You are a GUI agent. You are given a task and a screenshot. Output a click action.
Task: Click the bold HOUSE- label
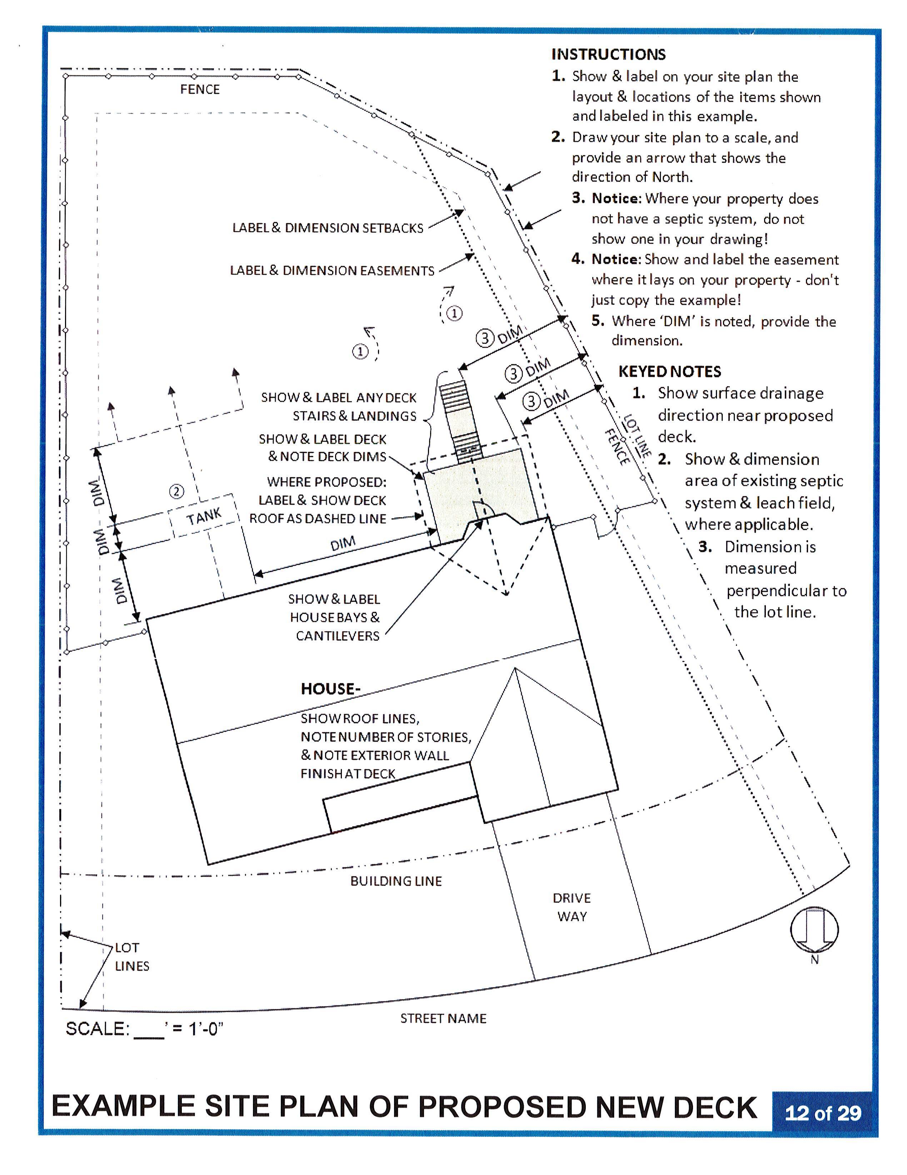click(330, 689)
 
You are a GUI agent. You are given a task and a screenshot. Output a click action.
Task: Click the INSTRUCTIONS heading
click(608, 54)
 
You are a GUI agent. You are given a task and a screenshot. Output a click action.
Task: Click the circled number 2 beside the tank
click(176, 491)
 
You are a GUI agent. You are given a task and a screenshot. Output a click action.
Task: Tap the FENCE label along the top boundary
click(200, 89)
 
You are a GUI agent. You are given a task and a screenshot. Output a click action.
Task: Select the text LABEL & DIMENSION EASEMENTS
click(332, 270)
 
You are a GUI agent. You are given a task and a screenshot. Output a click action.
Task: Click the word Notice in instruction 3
click(616, 199)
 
